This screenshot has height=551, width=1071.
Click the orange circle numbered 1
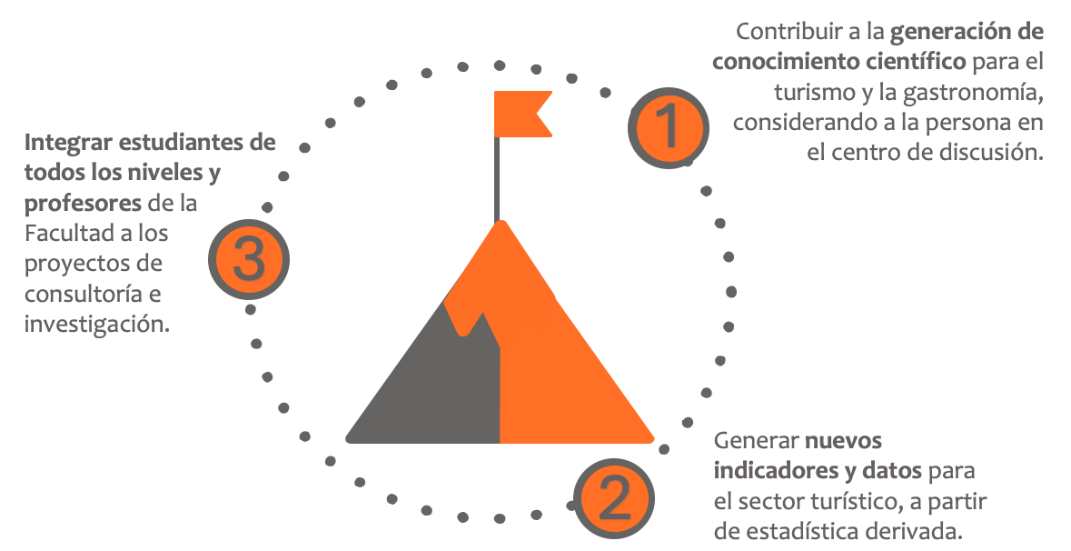668,128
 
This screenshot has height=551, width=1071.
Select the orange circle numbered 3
248,260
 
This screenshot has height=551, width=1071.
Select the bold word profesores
83,203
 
